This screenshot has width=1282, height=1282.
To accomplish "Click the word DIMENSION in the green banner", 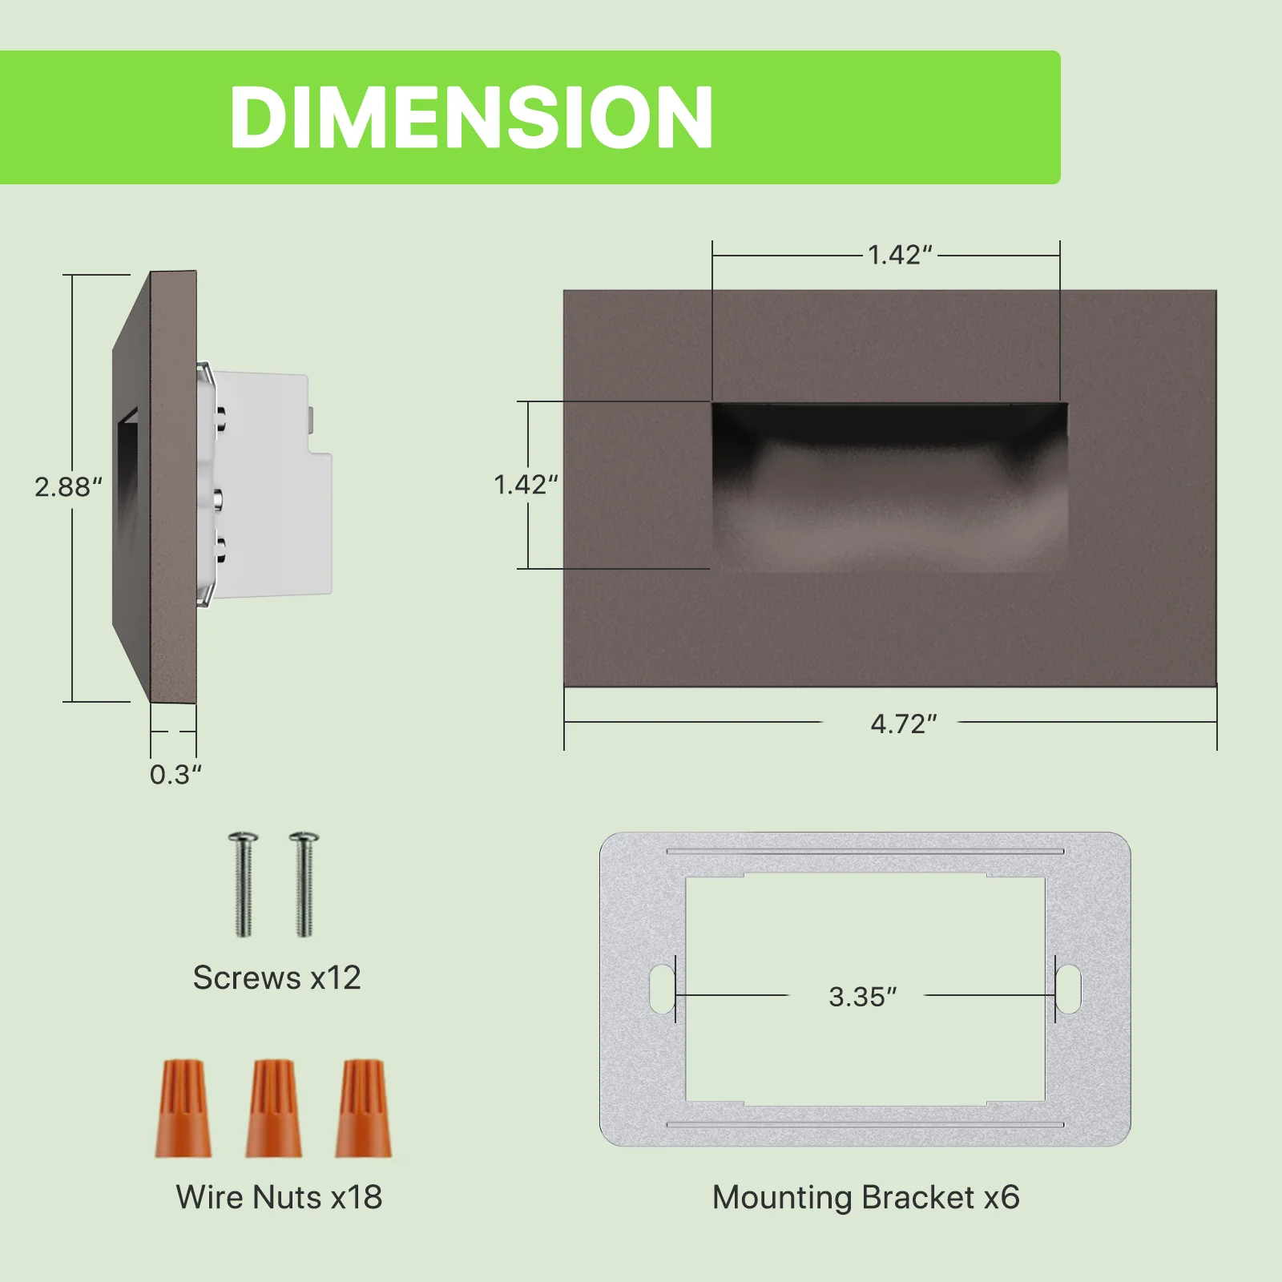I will click(x=471, y=118).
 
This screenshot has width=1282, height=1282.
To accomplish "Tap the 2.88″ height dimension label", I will click(x=68, y=487).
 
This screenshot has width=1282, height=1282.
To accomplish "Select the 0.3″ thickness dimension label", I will click(x=175, y=775).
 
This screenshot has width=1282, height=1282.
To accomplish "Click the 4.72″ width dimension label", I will click(x=903, y=724).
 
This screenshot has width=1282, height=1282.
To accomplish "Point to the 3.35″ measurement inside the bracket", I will click(x=862, y=997).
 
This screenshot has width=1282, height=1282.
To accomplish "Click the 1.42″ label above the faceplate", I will click(x=901, y=256).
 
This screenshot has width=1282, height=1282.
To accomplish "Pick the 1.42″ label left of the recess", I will click(x=526, y=485).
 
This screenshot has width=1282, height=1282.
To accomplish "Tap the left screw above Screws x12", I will click(x=244, y=885).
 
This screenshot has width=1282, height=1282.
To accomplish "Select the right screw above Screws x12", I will click(x=304, y=885).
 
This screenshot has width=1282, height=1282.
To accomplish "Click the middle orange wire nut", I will click(x=274, y=1109).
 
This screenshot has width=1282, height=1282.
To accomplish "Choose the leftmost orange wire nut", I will click(x=183, y=1109).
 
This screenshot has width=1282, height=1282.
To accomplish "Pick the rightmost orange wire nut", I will click(x=364, y=1109).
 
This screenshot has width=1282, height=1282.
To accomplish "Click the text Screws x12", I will click(x=277, y=978).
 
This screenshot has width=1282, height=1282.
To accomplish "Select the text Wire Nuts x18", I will click(x=279, y=1197).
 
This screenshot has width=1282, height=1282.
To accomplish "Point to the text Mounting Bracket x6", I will click(x=865, y=1197).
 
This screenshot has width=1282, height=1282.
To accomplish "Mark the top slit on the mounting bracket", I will click(x=865, y=851).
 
